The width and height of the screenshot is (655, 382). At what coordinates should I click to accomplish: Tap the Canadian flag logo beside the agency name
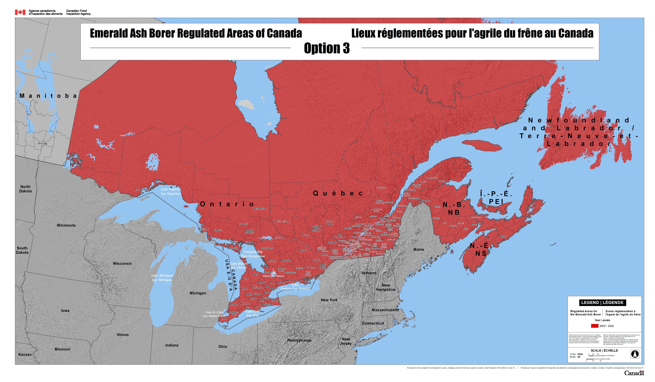[x=20, y=12]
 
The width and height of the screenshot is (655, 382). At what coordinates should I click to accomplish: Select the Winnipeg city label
[x=43, y=143]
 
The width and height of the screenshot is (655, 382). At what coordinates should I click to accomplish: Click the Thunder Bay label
[x=141, y=189]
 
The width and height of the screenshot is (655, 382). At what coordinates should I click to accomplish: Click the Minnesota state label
[x=66, y=225]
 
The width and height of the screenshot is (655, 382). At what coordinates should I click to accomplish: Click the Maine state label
[x=419, y=250]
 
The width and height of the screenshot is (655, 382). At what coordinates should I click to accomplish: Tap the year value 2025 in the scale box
[x=580, y=354]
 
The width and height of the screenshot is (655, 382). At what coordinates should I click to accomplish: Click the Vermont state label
[x=369, y=273]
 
